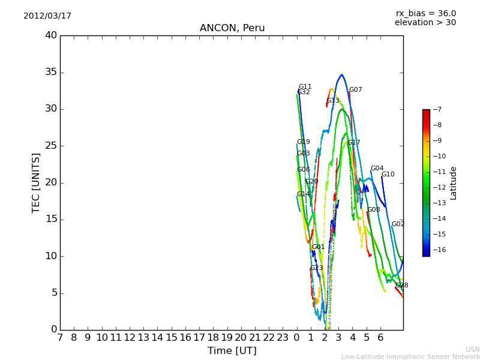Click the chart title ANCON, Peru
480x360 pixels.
[232, 28]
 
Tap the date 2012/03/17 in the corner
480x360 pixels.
[47, 16]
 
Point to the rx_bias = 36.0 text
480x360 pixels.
[425, 13]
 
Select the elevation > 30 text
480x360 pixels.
[425, 23]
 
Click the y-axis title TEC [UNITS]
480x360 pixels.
[36, 182]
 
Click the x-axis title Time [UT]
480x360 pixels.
[232, 350]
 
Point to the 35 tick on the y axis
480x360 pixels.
[51, 72]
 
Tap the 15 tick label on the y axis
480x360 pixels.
[51, 219]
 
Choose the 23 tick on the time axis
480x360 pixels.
[283, 338]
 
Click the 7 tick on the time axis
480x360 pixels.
[60, 338]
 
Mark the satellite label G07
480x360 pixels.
[356, 90]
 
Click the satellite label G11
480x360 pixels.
[305, 87]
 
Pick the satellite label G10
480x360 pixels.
[388, 175]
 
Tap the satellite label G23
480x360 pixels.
[317, 268]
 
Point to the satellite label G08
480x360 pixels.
[374, 210]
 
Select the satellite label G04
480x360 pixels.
[377, 169]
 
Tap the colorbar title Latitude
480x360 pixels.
[454, 182]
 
